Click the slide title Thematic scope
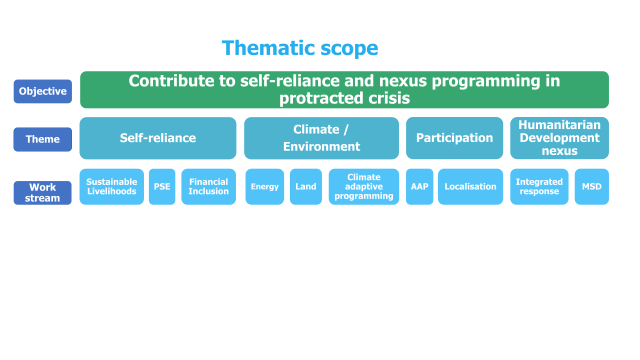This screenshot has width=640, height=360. click(299, 48)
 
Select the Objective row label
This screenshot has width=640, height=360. click(43, 91)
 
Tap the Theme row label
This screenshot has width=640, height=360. click(43, 139)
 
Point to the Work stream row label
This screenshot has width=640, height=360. click(42, 193)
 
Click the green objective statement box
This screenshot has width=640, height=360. click(344, 89)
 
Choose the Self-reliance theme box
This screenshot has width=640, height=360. click(158, 138)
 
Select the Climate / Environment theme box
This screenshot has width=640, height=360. click(321, 138)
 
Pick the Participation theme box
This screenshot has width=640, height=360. click(454, 138)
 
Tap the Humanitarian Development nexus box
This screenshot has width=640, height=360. click(559, 138)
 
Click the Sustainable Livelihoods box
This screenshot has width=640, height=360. click(111, 186)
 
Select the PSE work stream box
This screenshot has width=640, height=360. click(162, 186)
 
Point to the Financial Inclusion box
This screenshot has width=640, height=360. click(208, 186)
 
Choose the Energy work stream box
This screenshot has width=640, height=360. click(265, 186)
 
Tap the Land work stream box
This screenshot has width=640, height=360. click(306, 186)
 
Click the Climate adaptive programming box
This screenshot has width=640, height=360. click(363, 186)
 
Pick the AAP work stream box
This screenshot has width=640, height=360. click(419, 186)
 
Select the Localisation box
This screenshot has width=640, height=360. click(470, 186)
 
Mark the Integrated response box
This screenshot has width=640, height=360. click(539, 186)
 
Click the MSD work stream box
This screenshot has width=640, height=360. click(591, 186)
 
